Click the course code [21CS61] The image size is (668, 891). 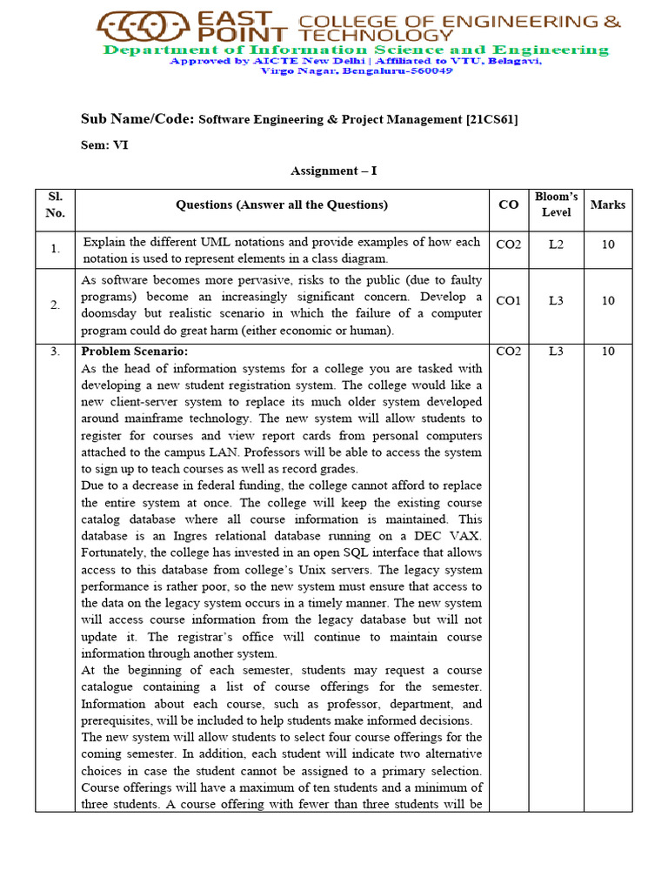click(x=491, y=120)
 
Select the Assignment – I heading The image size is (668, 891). click(x=334, y=171)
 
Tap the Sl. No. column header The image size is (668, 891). click(x=55, y=204)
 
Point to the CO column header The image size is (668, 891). click(x=508, y=205)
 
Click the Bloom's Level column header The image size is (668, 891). click(x=556, y=204)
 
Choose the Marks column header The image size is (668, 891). click(x=607, y=205)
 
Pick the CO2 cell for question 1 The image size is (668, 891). click(x=508, y=245)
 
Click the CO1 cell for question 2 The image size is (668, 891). click(x=508, y=301)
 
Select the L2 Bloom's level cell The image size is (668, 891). click(x=556, y=245)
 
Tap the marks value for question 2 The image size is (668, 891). click(x=607, y=301)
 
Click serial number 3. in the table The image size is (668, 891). click(x=55, y=352)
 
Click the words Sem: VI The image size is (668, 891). click(x=104, y=145)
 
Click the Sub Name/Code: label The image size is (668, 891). click(x=138, y=119)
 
